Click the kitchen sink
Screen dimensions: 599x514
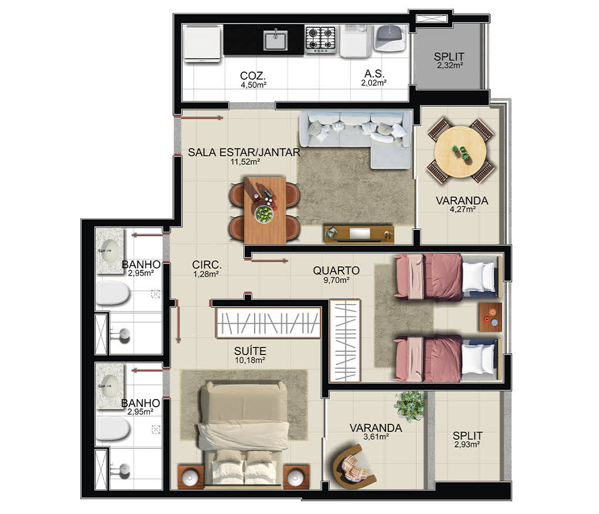pos(275,40)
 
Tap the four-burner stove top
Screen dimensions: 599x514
pos(320,39)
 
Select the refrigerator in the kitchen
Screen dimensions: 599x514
pos(202,43)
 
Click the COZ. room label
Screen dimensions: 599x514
pos(253,75)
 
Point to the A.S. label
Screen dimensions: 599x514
pos(374,73)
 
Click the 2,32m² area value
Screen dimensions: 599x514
pos(450,65)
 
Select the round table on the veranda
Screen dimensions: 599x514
pos(461,151)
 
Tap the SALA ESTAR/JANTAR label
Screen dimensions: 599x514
pos(244,152)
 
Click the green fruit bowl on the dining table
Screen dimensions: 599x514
pos(265,214)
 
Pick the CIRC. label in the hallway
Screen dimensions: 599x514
pos(207,265)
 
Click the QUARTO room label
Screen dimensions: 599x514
pos(336,270)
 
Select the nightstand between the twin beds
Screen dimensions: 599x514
pos(490,317)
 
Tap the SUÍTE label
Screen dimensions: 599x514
pos(251,351)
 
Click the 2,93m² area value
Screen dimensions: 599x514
pos(467,444)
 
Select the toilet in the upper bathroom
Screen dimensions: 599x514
pos(113,293)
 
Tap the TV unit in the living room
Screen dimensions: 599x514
pos(359,234)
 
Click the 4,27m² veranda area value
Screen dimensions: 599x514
pos(463,209)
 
